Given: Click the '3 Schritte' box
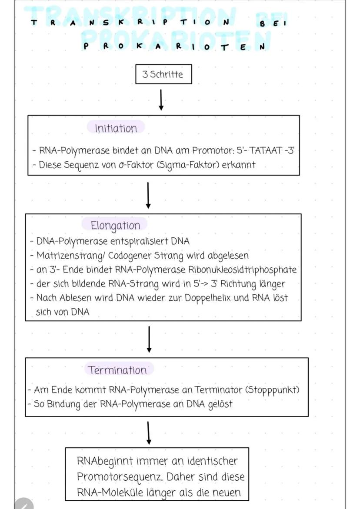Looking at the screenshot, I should pyautogui.click(x=163, y=74).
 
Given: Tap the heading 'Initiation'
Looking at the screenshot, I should pyautogui.click(x=116, y=128).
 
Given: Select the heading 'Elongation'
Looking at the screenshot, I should pyautogui.click(x=115, y=225).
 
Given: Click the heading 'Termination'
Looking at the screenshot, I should pyautogui.click(x=117, y=370).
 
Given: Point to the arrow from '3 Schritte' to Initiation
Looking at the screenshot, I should pyautogui.click(x=161, y=100).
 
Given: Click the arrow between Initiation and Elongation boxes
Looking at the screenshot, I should pyautogui.click(x=148, y=195).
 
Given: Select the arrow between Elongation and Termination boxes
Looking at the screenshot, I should pyautogui.click(x=149, y=339).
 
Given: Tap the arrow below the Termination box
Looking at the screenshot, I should pyautogui.click(x=149, y=432).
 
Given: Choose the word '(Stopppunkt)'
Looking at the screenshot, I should pyautogui.click(x=273, y=389).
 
